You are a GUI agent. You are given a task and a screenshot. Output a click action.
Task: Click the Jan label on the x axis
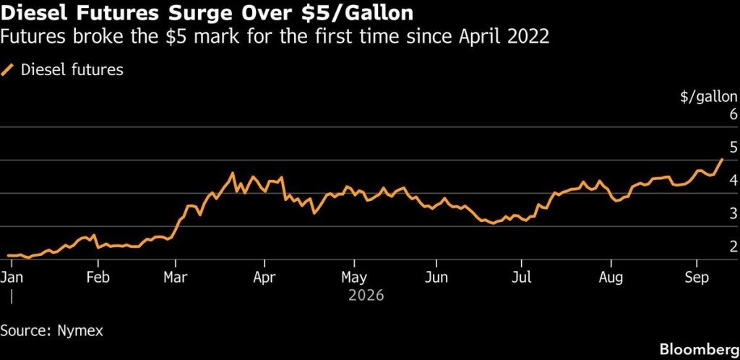pos(12,277)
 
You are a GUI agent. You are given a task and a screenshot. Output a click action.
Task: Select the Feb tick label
pos(98,277)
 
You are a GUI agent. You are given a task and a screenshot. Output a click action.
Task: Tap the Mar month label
pos(175,277)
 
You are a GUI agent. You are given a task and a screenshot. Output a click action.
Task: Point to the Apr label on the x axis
pos(264,278)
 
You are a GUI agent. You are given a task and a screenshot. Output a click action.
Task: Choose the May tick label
pos(354,278)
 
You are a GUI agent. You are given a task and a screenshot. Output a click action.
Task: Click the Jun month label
pos(436,277)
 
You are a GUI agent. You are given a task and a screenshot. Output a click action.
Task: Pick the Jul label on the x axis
pos(522,277)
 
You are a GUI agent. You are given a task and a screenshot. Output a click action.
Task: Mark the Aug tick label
pos(611,278)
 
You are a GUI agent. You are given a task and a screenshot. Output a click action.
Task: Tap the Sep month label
pos(697,278)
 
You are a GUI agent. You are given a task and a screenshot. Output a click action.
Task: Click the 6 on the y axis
pos(733,114)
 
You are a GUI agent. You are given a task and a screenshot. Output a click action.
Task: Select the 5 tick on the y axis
pos(733,147)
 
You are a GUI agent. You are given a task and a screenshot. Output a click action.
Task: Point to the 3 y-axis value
pos(733,212)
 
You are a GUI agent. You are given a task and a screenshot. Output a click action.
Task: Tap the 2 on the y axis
pos(733,246)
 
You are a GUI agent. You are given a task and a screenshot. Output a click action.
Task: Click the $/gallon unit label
pos(708,97)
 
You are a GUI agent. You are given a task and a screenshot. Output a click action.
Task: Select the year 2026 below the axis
pos(366,296)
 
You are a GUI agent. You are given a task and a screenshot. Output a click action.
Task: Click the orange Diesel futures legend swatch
pos(7,70)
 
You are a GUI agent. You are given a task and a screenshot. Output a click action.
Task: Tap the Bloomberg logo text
pos(700,350)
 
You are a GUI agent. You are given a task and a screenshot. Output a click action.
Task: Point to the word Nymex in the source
pos(79,331)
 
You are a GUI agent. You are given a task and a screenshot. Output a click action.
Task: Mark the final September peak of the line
pos(722,160)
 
